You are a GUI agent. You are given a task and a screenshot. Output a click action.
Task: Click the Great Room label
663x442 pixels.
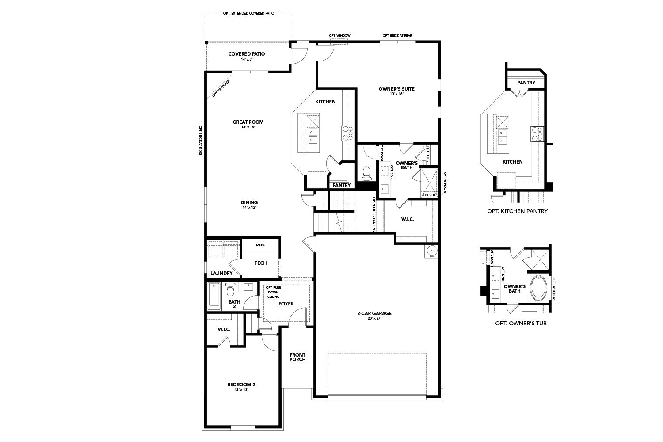tap(248, 122)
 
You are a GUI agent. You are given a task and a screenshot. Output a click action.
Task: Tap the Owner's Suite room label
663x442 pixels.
tap(396, 89)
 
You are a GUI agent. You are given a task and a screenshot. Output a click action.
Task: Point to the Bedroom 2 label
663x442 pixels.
tap(241, 385)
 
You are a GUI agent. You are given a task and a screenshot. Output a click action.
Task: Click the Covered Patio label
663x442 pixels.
tap(247, 54)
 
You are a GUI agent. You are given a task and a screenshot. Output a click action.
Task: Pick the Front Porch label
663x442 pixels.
tap(297, 357)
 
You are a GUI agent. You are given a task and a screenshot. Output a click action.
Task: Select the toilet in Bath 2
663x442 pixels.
tap(229, 290)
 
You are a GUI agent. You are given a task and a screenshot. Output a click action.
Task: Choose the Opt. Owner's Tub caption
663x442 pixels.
tap(521, 324)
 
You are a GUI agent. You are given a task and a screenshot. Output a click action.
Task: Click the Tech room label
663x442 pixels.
tap(260, 263)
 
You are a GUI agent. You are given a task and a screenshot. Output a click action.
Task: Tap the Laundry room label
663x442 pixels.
tap(221, 273)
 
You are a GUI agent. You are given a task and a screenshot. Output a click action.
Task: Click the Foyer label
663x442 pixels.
tap(286, 304)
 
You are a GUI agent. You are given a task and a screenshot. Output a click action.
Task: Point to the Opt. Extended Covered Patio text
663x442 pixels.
tap(248, 14)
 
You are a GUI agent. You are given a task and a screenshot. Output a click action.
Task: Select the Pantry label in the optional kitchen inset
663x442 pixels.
tap(526, 83)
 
